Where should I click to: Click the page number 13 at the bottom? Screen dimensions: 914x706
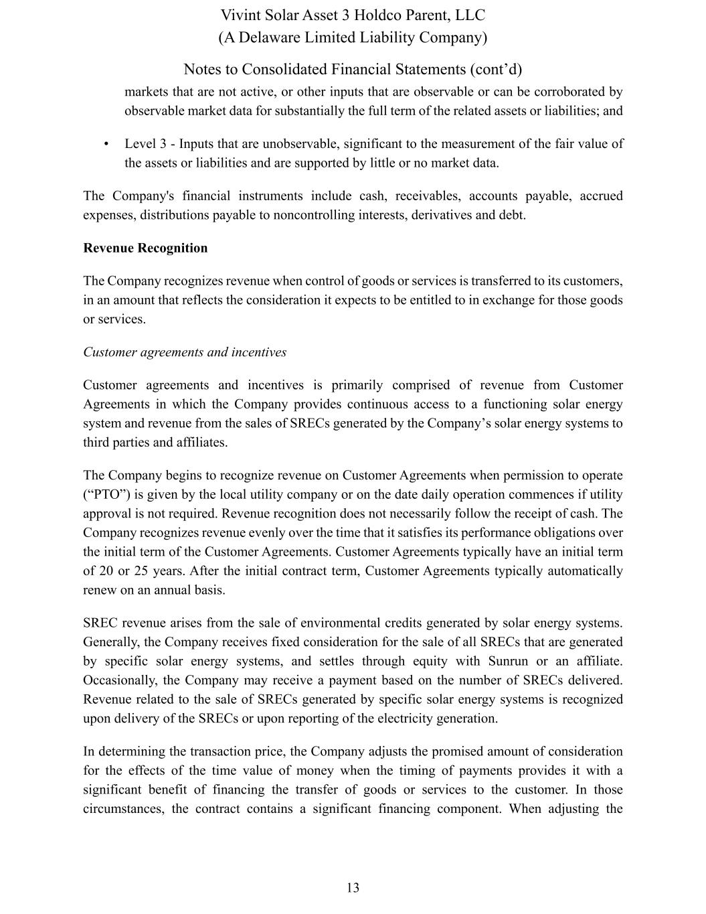coord(353,888)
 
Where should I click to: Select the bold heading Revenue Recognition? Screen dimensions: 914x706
coord(145,248)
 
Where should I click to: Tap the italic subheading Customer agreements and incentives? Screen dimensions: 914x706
coord(185,352)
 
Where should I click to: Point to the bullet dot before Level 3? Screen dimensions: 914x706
coord(106,144)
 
